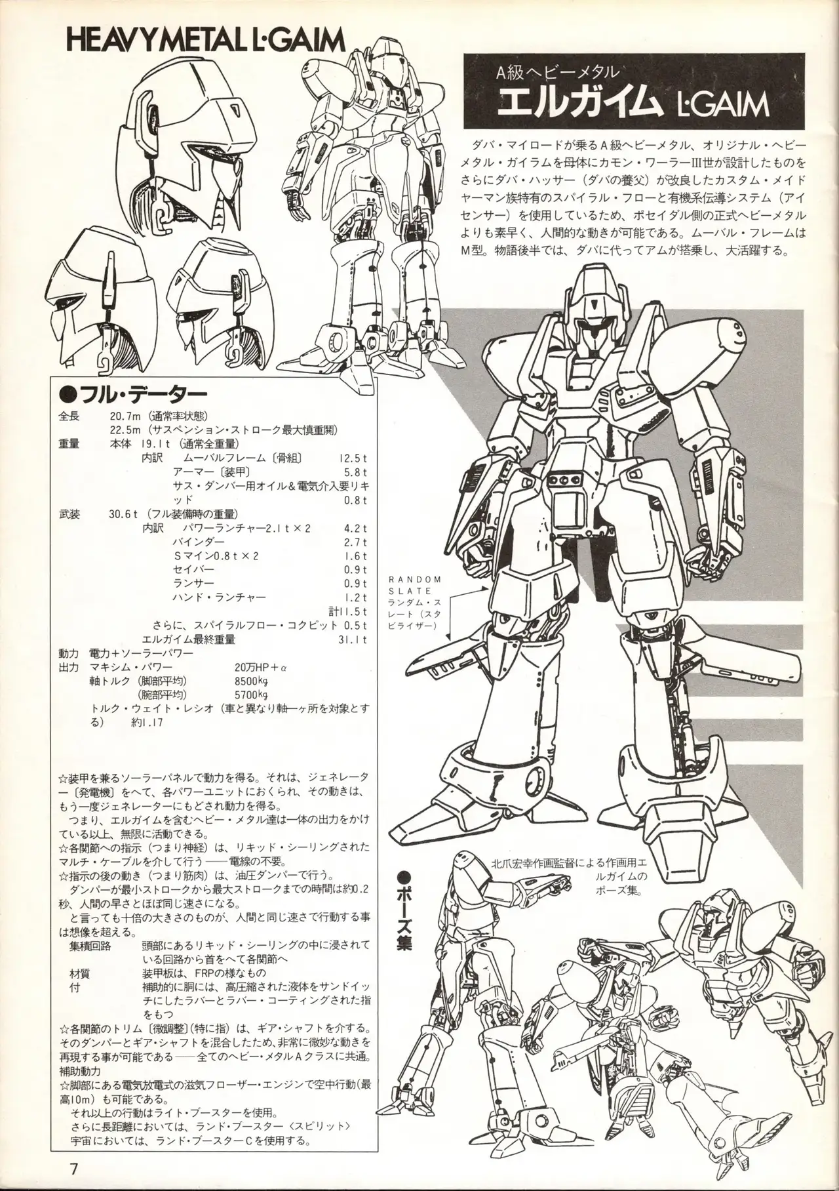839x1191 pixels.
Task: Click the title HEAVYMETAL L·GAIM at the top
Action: (206, 41)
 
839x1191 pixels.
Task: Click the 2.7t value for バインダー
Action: (355, 542)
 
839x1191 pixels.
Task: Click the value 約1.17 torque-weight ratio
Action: (146, 723)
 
